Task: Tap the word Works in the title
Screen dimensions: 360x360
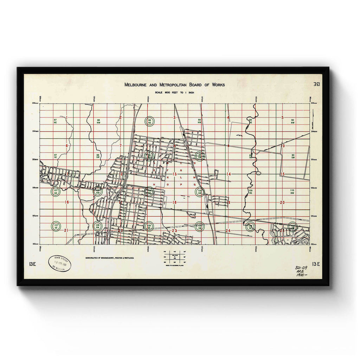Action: click(x=216, y=85)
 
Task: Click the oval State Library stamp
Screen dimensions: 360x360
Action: click(x=60, y=263)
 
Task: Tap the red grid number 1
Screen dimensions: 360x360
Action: click(x=66, y=117)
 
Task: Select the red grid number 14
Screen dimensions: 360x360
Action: click(x=229, y=174)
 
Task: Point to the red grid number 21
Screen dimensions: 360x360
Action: click(x=66, y=231)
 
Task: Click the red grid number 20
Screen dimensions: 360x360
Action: click(x=282, y=202)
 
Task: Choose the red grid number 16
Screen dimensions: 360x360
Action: click(x=66, y=202)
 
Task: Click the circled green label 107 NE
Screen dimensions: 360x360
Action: click(x=56, y=192)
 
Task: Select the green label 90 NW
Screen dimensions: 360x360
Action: click(x=292, y=122)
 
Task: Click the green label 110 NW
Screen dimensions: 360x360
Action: click(x=292, y=192)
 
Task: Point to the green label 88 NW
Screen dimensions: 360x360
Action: click(x=98, y=122)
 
